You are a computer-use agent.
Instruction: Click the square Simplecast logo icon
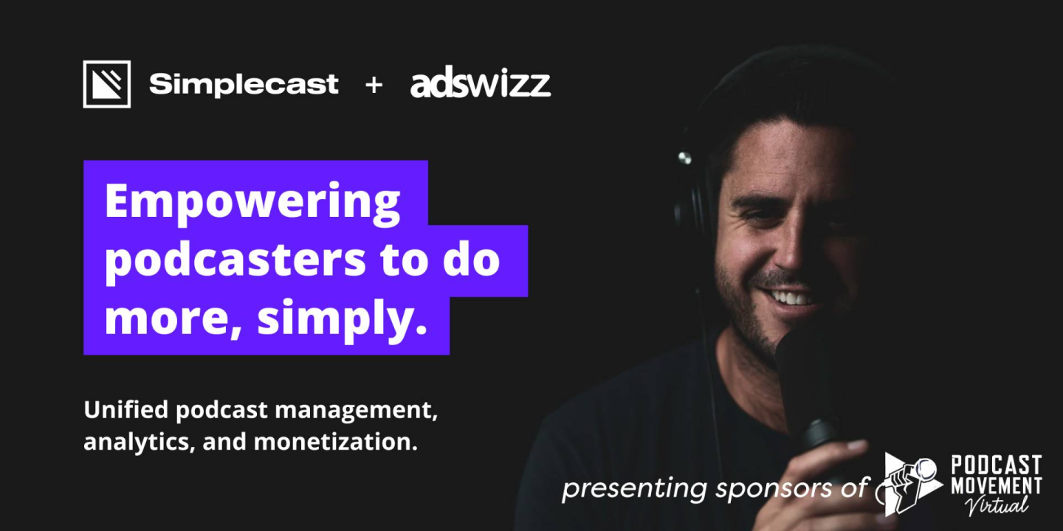coord(107,84)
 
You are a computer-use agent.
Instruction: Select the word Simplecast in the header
coord(244,84)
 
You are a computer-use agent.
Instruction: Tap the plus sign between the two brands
coord(374,86)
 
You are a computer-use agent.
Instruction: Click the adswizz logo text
coord(481,85)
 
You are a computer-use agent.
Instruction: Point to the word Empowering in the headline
coord(252,201)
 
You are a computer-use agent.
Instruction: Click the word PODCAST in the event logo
coord(997,465)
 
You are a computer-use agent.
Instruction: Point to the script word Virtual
coord(997,505)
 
